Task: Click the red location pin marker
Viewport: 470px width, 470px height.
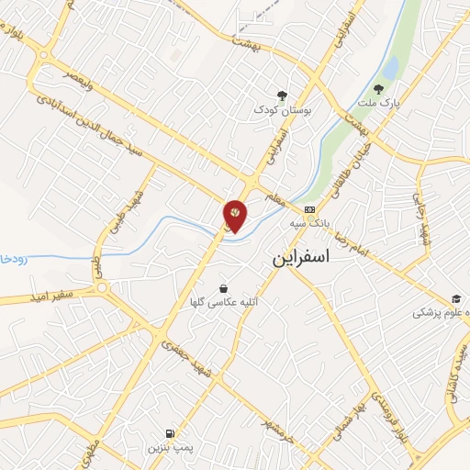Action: point(235,215)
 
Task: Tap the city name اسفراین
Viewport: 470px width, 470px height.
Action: point(313,259)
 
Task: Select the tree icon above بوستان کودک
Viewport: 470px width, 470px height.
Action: point(282,95)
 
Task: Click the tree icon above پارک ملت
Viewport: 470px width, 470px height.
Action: point(378,89)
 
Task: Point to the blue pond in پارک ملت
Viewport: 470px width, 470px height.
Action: point(391,67)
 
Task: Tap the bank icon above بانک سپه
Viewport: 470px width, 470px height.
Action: point(308,209)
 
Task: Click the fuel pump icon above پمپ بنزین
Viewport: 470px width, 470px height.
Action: point(169,434)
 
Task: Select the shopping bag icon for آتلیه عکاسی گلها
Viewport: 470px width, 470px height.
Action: point(224,289)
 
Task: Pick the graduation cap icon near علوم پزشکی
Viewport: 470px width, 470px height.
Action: point(455,298)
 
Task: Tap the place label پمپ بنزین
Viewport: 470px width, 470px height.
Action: point(168,450)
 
